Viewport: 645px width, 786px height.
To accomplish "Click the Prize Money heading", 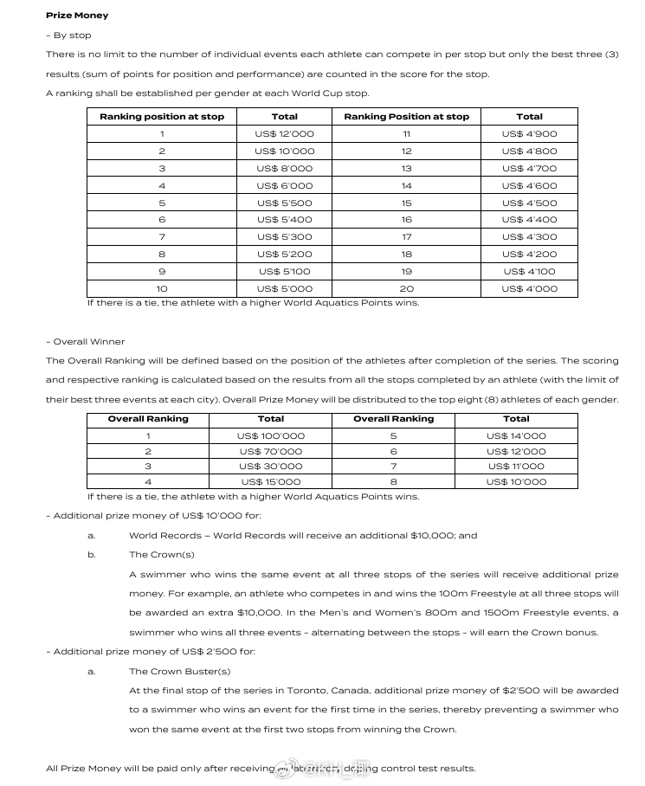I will (77, 16).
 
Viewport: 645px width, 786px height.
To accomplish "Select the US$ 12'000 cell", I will (284, 134).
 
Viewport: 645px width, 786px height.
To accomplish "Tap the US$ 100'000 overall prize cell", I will (271, 436).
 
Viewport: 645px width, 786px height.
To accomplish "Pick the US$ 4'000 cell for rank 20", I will (529, 289).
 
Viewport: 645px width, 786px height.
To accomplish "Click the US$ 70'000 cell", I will (271, 452).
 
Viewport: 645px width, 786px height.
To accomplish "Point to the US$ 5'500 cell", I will (284, 203).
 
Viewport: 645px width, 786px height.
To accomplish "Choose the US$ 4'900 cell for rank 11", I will (529, 134).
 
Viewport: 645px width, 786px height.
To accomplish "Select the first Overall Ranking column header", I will (148, 419).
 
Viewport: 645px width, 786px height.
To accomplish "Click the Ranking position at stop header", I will (162, 117).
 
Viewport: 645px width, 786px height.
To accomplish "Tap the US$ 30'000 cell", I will (271, 467).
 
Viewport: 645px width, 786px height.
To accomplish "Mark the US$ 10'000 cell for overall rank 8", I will (516, 482).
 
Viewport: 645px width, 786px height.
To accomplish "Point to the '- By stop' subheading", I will (68, 35).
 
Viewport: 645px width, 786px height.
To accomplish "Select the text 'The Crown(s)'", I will (162, 555).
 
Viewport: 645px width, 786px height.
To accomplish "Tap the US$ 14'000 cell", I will (516, 436).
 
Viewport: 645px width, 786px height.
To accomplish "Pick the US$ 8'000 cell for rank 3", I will (284, 169).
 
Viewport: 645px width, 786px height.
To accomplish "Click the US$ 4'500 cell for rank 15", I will (529, 203).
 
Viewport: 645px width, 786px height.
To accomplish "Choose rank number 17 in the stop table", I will (406, 237).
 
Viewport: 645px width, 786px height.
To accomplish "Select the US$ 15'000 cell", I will (271, 482).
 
